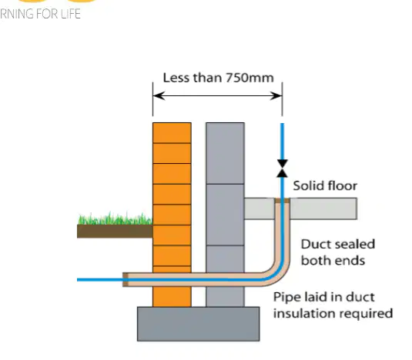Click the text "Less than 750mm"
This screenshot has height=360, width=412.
tap(219, 78)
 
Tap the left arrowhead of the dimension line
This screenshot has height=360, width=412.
tap(159, 96)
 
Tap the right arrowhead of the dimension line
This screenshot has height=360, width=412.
tap(276, 96)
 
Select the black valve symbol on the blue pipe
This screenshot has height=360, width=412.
tap(283, 168)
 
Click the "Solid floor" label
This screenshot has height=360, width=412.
tap(325, 186)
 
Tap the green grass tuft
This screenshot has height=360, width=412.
tap(116, 218)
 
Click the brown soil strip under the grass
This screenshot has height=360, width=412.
tap(115, 232)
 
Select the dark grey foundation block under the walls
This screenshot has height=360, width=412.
tap(199, 324)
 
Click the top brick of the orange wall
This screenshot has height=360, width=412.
tap(172, 133)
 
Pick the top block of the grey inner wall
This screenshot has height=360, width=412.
tap(225, 153)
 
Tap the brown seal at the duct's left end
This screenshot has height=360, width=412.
tap(126, 280)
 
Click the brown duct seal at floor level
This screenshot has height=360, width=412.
tap(283, 201)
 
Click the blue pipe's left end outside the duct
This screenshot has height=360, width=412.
tap(78, 280)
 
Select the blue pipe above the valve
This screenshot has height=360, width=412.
tap(283, 142)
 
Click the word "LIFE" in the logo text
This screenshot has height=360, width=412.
tap(70, 14)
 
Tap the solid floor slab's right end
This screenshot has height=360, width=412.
tap(356, 208)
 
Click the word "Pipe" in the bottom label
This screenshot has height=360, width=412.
tap(286, 298)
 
